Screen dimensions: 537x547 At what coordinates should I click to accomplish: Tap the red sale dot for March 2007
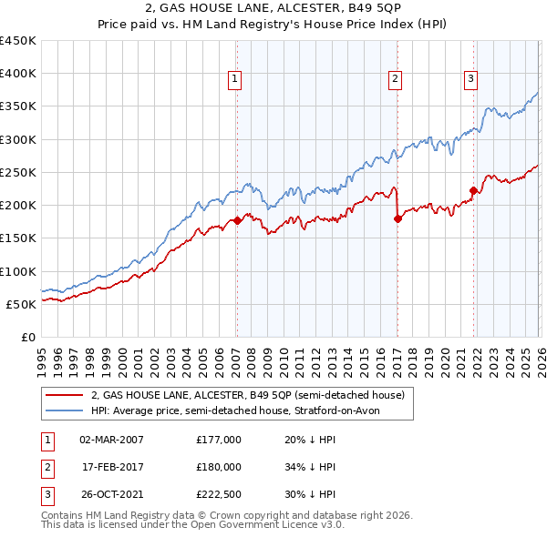coord(237,220)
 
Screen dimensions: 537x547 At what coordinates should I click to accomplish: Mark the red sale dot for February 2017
coord(397,218)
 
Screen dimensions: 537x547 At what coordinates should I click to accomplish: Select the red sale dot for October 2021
coord(473,190)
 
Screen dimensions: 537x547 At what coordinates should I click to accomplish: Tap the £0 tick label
coord(27,337)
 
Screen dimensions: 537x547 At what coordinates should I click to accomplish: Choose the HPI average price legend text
coord(241,410)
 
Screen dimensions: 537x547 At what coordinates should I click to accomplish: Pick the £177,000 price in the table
coord(219,439)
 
